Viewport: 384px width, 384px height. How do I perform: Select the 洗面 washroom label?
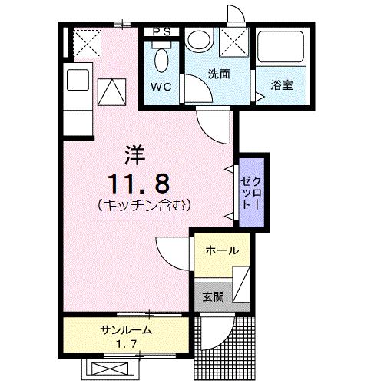coord(219,74)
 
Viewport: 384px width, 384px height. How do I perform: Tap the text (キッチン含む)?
coord(144,205)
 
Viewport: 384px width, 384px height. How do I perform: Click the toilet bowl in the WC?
coord(162,58)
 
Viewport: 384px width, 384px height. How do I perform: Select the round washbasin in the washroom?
coord(200,41)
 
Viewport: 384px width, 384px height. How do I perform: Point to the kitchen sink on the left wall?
coord(78,79)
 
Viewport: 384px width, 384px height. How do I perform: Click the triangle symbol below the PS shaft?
coord(112,91)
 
